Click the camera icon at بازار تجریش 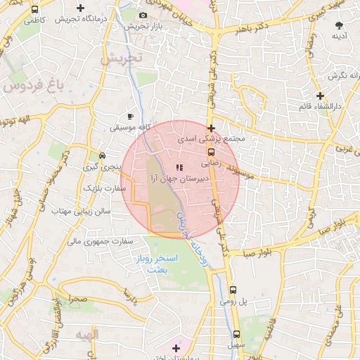[143, 15]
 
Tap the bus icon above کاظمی [35, 10]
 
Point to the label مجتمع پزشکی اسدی [212, 139]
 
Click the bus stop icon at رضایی [210, 150]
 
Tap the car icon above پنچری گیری [103, 155]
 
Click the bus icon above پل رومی [233, 289]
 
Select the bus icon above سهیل [236, 334]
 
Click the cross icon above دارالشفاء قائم [321, 96]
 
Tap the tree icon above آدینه [340, 25]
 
